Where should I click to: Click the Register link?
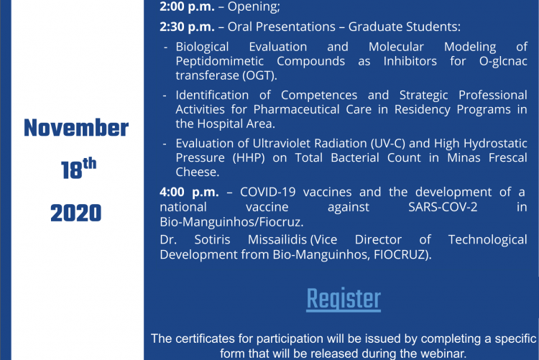(x=344, y=300)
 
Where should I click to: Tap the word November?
(x=76, y=128)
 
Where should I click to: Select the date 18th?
(x=78, y=168)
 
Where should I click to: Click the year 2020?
(x=76, y=213)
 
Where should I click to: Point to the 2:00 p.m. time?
(x=187, y=6)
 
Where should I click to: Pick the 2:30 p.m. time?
(x=187, y=27)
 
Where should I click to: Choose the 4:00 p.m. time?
(x=189, y=192)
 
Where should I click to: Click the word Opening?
(x=254, y=7)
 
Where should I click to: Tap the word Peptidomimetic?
(x=220, y=61)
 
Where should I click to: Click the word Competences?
(x=319, y=96)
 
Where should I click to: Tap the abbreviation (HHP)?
(x=249, y=158)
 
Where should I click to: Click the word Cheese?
(x=198, y=172)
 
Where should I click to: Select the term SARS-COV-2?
(x=443, y=207)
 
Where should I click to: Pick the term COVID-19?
(x=268, y=192)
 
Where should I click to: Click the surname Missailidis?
(x=277, y=240)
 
